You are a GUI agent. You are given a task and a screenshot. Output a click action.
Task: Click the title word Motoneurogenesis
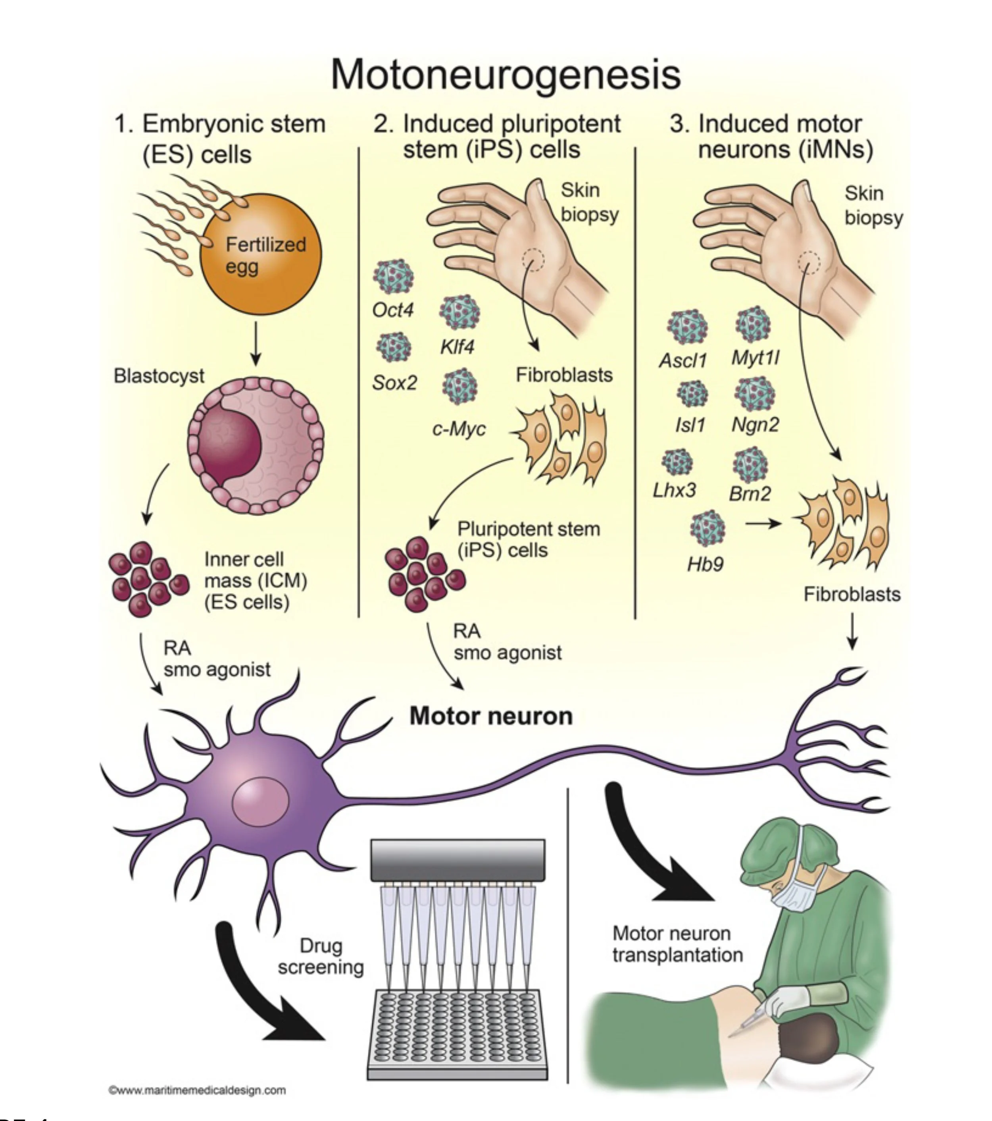(505, 75)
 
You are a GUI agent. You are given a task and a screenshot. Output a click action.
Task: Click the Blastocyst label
(158, 376)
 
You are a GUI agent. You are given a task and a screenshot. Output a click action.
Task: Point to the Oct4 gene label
(392, 310)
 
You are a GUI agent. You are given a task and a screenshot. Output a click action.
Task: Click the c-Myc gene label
(458, 428)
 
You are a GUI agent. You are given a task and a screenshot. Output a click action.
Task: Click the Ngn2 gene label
(755, 424)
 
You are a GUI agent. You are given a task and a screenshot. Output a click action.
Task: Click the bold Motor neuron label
(491, 716)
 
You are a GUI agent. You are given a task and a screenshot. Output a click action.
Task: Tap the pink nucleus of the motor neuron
(260, 802)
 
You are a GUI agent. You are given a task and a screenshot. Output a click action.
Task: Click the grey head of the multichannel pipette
(458, 859)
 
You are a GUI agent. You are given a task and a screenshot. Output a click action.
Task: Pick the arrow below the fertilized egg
(256, 343)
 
